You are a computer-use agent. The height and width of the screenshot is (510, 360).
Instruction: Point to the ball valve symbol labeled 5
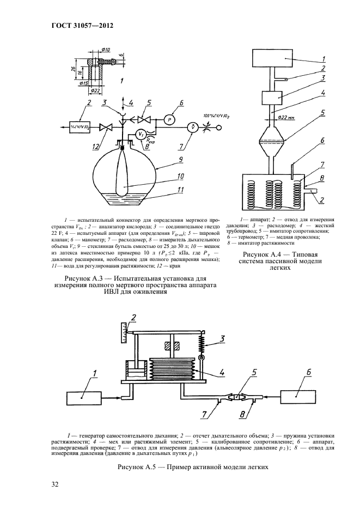[144, 119]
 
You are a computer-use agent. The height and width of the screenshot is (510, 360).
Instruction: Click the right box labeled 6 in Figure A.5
[301, 396]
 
